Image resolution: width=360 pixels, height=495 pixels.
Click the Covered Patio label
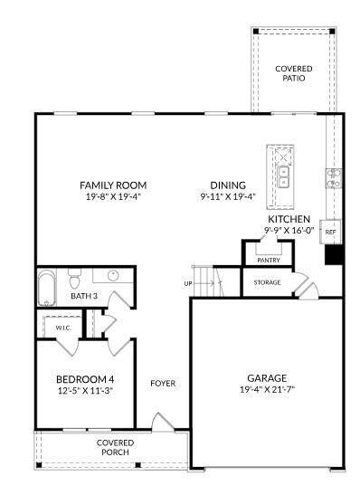[x=294, y=73]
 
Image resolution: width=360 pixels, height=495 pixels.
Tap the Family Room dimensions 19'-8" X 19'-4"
[x=113, y=197]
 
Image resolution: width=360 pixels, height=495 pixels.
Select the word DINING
[x=228, y=186]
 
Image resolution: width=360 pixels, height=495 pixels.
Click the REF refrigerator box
[x=330, y=232]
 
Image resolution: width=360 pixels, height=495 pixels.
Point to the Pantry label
[x=269, y=260]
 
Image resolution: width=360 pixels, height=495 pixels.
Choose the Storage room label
[x=267, y=282]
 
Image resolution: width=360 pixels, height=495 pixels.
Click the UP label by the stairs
[x=188, y=283]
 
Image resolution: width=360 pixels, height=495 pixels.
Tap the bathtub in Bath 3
[x=47, y=288]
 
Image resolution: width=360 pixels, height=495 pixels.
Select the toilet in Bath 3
[x=75, y=279]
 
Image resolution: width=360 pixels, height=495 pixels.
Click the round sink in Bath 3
[x=113, y=276]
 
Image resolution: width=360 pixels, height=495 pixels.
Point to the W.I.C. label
[x=63, y=328]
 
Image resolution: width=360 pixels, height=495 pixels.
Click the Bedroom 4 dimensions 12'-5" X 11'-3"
[x=85, y=391]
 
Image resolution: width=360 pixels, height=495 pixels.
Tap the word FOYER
[x=163, y=384]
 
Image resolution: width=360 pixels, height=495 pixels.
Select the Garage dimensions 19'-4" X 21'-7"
[x=267, y=389]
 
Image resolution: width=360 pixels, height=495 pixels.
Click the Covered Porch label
[x=115, y=448]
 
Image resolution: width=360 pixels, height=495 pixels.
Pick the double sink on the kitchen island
[x=283, y=176]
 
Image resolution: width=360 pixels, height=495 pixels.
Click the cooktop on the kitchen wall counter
[x=334, y=178]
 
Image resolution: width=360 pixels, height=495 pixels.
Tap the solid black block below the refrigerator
[x=334, y=254]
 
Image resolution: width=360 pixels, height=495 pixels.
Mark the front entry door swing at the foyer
[x=162, y=422]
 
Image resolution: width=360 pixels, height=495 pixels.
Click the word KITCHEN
[x=289, y=219]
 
